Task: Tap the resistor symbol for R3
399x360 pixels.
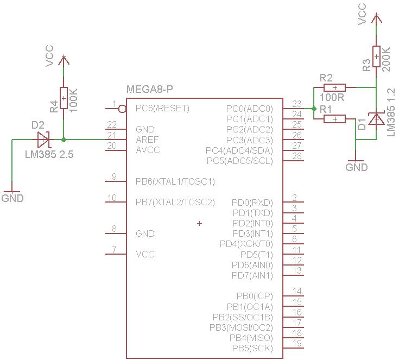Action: [376, 56]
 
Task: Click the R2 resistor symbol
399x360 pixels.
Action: [335, 87]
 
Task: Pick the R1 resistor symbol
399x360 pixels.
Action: [335, 119]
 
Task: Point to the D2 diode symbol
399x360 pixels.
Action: [42, 140]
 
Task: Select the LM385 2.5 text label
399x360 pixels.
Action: [49, 155]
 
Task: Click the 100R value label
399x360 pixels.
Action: [332, 98]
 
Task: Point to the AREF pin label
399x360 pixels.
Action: [147, 140]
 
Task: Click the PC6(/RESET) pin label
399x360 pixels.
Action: [162, 108]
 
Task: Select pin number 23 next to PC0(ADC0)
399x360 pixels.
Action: [296, 104]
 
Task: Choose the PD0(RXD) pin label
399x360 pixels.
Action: [252, 203]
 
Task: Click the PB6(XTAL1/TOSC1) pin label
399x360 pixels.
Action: [175, 181]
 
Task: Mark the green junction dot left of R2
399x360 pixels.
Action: [314, 109]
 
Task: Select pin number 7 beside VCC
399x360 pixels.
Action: [114, 250]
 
